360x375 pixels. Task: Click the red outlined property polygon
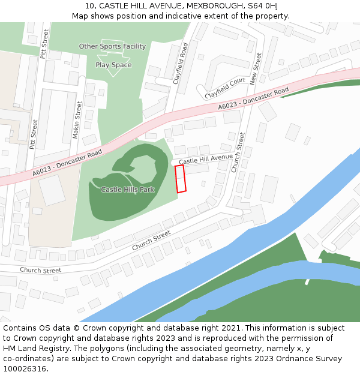point(180,179)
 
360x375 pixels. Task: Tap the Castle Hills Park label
point(127,190)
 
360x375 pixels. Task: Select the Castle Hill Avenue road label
point(205,159)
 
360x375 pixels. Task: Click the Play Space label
point(113,65)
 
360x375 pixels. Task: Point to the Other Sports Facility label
point(112,46)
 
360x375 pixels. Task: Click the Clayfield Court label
point(225,88)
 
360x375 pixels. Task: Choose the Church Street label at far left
point(40,271)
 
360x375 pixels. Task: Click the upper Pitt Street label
point(43,46)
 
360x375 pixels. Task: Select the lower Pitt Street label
point(34,134)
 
